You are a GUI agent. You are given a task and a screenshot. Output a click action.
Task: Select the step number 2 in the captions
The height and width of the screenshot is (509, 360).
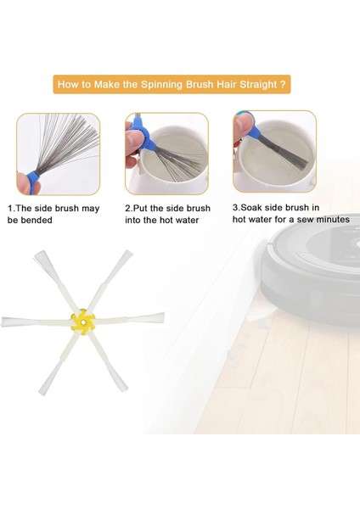pyautogui.click(x=128, y=208)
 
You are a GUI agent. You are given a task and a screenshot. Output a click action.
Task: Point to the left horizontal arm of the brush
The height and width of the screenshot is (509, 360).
pyautogui.click(x=25, y=322)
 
